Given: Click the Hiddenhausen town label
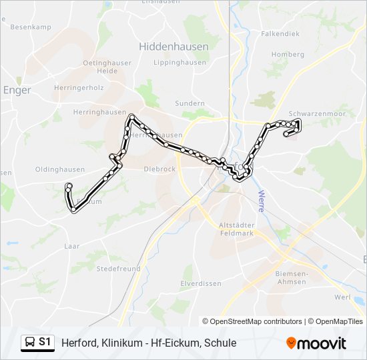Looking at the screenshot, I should (173, 47).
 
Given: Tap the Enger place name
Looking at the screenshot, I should (17, 90).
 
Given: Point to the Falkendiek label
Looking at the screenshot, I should (280, 33).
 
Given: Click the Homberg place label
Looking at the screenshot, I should (288, 55).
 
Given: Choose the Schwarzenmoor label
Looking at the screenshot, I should (316, 114).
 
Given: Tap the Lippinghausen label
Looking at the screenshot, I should (179, 63).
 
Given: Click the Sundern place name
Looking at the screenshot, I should (190, 103).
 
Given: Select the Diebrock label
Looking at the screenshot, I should (159, 169).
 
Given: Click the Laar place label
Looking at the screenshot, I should (72, 246).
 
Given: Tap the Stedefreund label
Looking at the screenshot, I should (118, 269).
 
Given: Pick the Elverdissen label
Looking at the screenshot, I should (201, 283).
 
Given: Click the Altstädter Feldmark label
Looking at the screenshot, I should (237, 231).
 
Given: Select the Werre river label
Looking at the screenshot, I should (261, 201).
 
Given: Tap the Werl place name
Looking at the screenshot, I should (342, 297).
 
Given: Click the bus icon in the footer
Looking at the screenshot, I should (30, 342).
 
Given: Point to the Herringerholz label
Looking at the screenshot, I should (79, 87).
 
